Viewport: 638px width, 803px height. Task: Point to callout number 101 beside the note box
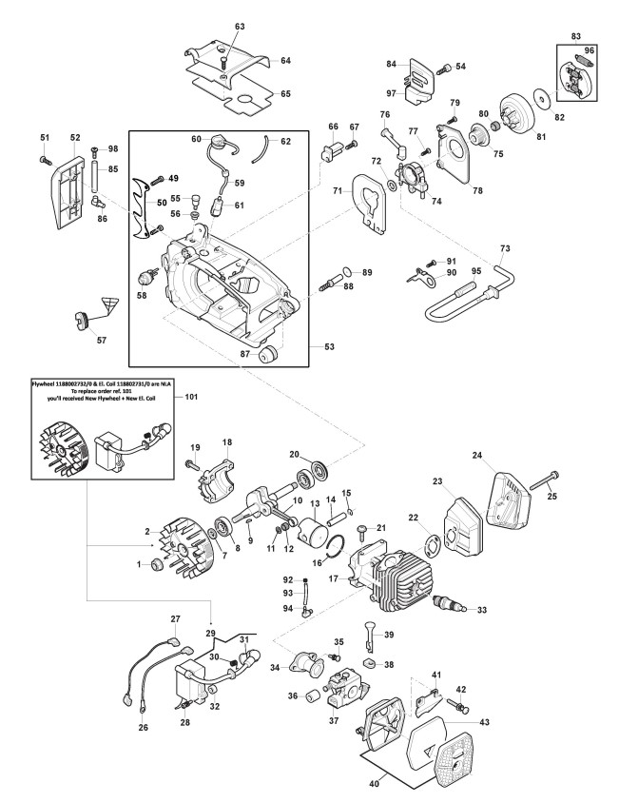click(190, 395)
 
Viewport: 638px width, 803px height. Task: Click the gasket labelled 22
click(430, 538)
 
